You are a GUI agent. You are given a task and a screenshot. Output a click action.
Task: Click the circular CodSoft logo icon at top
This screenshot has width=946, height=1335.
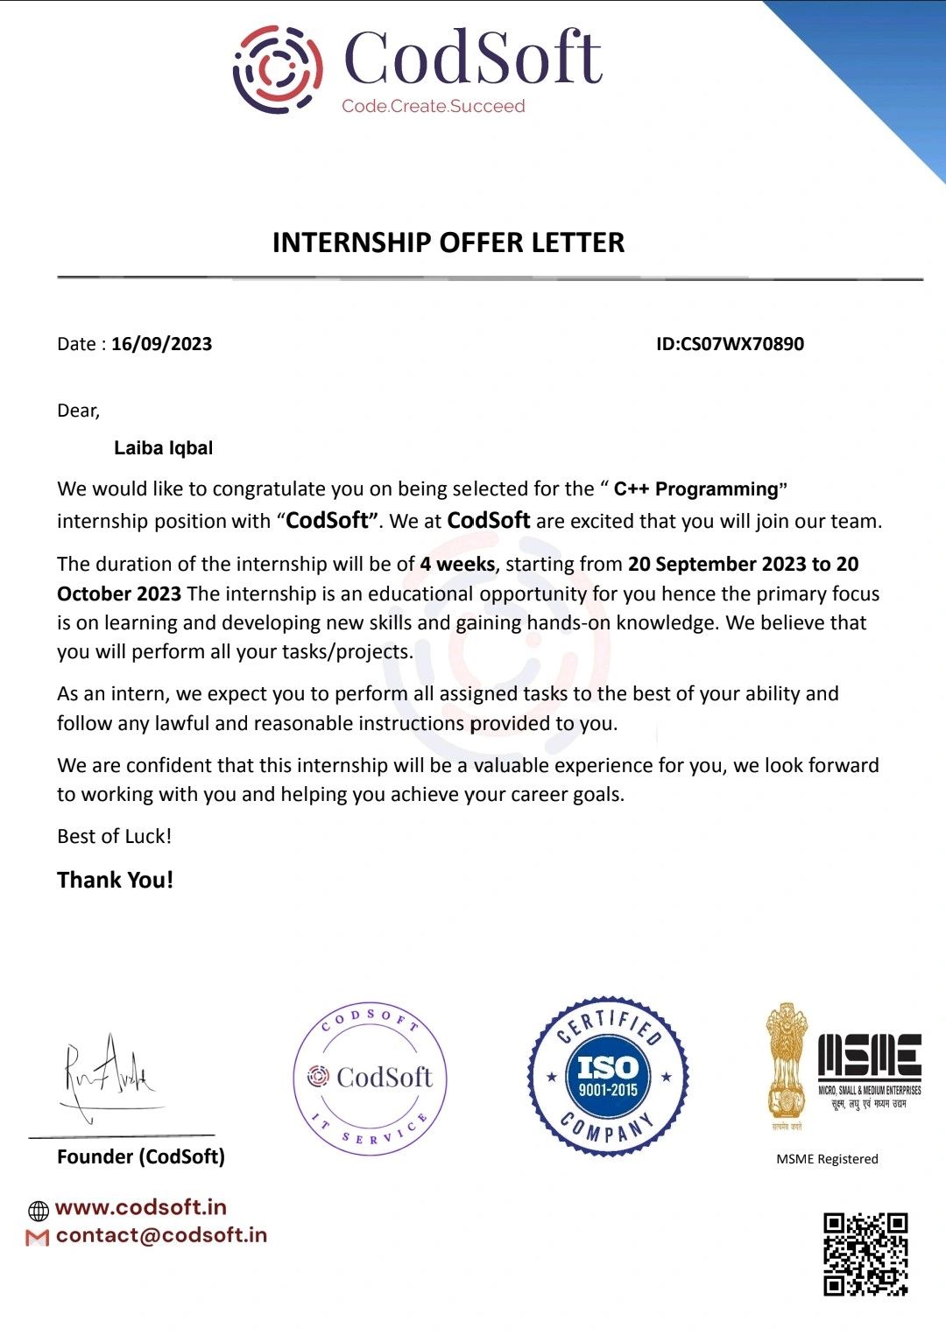[x=277, y=69]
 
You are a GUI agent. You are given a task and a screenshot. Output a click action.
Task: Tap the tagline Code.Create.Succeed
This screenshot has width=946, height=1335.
[x=433, y=106]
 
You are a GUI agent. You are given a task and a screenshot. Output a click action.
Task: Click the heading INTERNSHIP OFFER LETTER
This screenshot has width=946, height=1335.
[x=448, y=242]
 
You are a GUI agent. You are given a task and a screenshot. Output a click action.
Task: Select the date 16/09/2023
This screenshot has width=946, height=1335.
[x=161, y=344]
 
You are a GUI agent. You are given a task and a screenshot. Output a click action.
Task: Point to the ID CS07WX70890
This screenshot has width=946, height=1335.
[x=730, y=344]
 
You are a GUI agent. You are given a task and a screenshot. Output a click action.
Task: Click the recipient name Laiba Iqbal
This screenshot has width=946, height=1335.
[x=163, y=448]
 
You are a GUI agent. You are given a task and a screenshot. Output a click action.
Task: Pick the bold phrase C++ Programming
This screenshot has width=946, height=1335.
[x=695, y=488]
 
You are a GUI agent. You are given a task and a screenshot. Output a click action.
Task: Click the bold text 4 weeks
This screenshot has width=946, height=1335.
[x=457, y=565]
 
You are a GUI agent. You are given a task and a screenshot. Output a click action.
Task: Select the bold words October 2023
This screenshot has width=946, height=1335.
[x=119, y=594]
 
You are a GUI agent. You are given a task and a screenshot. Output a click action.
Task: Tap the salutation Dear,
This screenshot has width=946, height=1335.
[x=79, y=411]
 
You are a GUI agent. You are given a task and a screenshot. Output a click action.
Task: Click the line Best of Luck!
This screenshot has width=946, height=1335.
[x=114, y=837]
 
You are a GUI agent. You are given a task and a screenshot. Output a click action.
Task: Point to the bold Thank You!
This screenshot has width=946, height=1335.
[x=115, y=880]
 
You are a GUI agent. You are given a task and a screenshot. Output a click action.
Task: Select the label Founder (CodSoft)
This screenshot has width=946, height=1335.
[x=140, y=1157]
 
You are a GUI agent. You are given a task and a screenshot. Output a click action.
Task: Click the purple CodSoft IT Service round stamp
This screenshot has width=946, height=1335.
[x=370, y=1078]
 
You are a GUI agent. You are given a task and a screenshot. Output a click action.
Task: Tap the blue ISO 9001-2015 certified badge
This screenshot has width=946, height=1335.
[x=608, y=1076]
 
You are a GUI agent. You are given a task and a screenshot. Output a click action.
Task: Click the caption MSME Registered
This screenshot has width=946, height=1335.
[x=827, y=1159]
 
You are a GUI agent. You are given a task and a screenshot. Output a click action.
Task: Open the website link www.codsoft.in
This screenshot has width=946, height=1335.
[x=140, y=1208]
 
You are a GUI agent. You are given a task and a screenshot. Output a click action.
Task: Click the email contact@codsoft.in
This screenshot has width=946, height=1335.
[x=161, y=1236]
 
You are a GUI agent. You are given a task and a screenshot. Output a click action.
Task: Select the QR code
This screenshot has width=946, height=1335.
[x=865, y=1254]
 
